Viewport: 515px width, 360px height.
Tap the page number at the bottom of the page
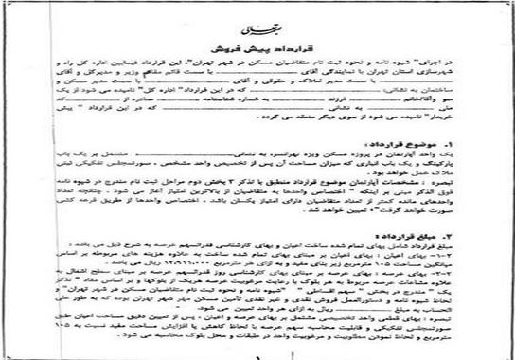[x=257, y=351]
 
